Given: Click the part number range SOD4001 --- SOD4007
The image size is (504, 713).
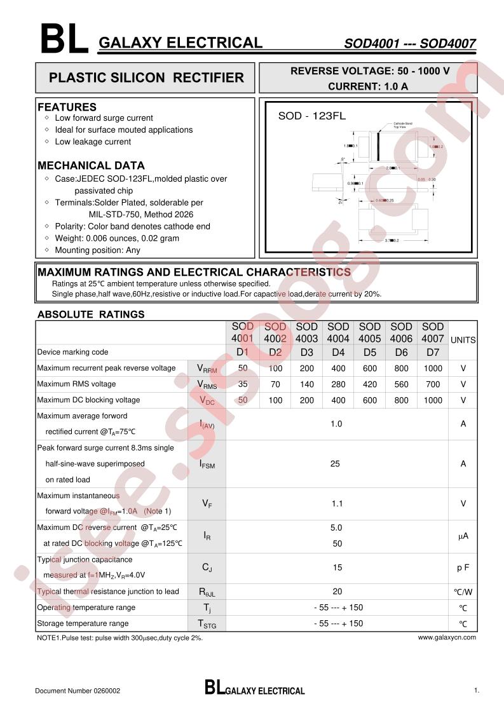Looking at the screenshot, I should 410,44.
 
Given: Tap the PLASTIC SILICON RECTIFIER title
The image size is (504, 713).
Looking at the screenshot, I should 146,78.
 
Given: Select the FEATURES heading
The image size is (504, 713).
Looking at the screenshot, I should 67,107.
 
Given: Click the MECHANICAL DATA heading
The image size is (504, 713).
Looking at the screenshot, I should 91,166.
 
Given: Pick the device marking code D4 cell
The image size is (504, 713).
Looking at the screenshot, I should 338,352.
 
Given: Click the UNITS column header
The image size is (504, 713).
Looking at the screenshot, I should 463,340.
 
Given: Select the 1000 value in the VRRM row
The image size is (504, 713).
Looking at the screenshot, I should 433,369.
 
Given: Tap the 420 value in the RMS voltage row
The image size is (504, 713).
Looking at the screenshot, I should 369,384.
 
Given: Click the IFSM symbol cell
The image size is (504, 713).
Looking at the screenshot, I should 207,465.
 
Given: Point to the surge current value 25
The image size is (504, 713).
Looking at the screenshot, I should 336,464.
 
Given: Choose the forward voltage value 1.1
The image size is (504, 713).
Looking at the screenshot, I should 337,503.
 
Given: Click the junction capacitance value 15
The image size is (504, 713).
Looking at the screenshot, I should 337,567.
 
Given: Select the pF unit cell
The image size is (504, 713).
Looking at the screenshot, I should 463,567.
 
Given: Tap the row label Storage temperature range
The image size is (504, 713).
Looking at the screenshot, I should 83,623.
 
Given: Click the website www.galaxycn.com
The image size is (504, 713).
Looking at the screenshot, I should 447,637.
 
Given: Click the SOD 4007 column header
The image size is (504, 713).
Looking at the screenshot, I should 433,333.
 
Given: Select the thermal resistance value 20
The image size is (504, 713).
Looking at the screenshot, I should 337,592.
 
